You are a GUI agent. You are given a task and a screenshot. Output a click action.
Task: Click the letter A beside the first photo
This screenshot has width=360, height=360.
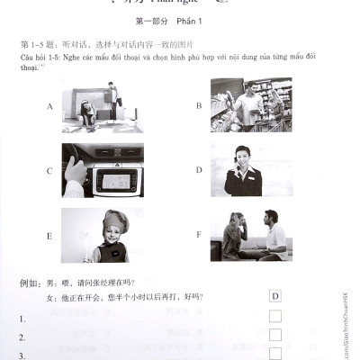coord(48,105)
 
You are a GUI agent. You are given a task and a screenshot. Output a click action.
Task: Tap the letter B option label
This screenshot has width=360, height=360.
coord(198,105)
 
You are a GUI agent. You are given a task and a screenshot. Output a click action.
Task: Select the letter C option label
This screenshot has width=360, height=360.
coord(48,169)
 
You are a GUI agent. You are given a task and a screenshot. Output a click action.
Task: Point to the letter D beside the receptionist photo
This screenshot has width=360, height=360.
coord(198,169)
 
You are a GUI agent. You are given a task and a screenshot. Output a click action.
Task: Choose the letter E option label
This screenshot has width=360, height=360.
coord(48,236)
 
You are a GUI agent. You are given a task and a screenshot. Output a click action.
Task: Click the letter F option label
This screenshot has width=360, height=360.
coord(198,236)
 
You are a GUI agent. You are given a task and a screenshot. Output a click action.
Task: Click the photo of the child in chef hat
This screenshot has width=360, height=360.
coord(103,235)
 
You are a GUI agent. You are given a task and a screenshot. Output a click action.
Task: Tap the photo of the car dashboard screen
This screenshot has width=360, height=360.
coord(103,169)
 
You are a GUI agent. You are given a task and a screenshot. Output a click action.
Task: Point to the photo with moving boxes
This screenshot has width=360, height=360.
coord(103,104)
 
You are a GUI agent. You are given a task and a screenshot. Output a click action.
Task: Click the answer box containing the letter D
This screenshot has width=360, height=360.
coord(274,296)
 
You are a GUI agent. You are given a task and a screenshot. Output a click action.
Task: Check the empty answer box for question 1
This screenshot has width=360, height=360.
coord(274,316)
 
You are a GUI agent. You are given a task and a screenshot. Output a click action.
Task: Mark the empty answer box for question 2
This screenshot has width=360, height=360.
coord(274,335)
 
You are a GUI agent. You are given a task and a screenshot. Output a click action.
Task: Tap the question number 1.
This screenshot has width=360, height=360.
coord(22,318)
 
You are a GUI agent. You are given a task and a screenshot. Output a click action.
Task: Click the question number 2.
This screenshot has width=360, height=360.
coord(22,337)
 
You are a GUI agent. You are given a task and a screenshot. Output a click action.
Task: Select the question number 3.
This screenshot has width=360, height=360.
coord(22,355)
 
